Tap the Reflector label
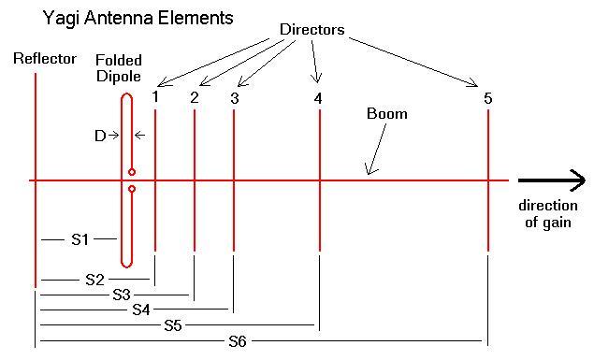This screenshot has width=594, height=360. pyautogui.click(x=45, y=59)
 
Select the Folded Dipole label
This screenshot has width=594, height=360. pyautogui.click(x=118, y=67)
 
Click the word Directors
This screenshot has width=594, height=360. pyautogui.click(x=312, y=30)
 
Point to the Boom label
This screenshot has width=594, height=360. pyautogui.click(x=387, y=115)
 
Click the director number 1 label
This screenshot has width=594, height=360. pyautogui.click(x=156, y=96)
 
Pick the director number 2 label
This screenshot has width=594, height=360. pyautogui.click(x=194, y=96)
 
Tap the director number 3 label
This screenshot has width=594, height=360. pyautogui.click(x=234, y=98)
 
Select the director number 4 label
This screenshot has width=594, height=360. pyautogui.click(x=319, y=97)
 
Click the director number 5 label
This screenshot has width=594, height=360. pyautogui.click(x=487, y=97)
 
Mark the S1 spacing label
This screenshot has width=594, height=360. pyautogui.click(x=80, y=240)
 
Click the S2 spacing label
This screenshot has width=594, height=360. pyautogui.click(x=94, y=279)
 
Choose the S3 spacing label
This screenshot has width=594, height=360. pyautogui.click(x=121, y=295)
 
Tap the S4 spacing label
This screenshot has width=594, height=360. pyautogui.click(x=142, y=310)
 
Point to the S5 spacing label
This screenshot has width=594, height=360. pyautogui.click(x=172, y=325)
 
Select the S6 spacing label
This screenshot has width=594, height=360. pyautogui.click(x=238, y=341)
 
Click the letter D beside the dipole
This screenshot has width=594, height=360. pyautogui.click(x=100, y=136)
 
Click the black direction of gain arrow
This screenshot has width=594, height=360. pyautogui.click(x=551, y=180)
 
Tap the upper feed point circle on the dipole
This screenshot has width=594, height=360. pyautogui.click(x=132, y=172)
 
